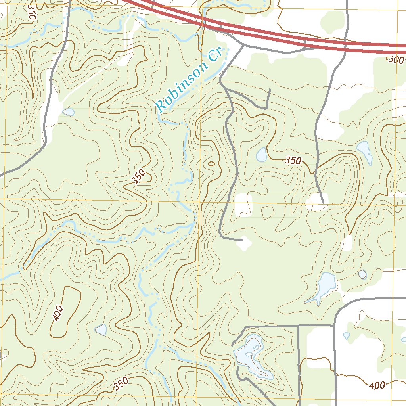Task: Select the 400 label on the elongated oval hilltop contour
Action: tap(58, 314)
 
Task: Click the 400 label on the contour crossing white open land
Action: tap(377, 385)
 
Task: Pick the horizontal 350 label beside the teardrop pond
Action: tap(293, 161)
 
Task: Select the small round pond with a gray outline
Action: tap(362, 274)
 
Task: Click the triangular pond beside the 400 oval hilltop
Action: tap(101, 329)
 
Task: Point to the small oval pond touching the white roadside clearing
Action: tap(69, 112)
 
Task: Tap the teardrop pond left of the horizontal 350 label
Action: tap(261, 154)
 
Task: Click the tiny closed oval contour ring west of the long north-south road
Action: tap(211, 163)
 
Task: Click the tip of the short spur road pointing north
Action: tap(269, 90)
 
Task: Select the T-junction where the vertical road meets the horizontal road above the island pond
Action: tap(298, 326)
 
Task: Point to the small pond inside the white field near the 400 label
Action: tap(346, 335)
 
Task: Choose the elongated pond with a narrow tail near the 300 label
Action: tap(364, 151)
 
